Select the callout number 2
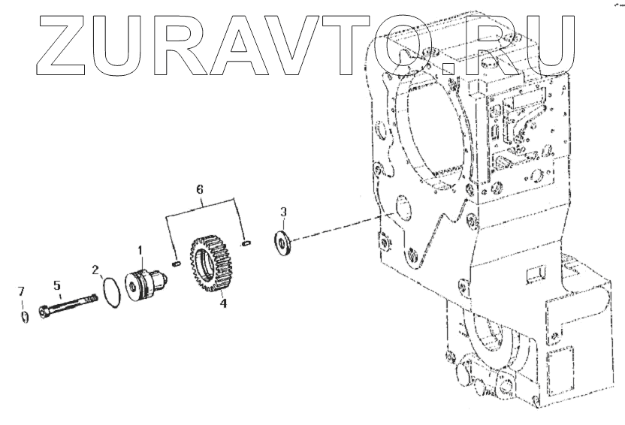(96, 269)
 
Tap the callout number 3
(282, 212)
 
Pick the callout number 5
(56, 285)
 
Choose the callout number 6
(200, 190)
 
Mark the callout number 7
(22, 290)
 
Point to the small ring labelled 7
(24, 316)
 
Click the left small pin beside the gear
(177, 263)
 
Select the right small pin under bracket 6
(246, 243)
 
